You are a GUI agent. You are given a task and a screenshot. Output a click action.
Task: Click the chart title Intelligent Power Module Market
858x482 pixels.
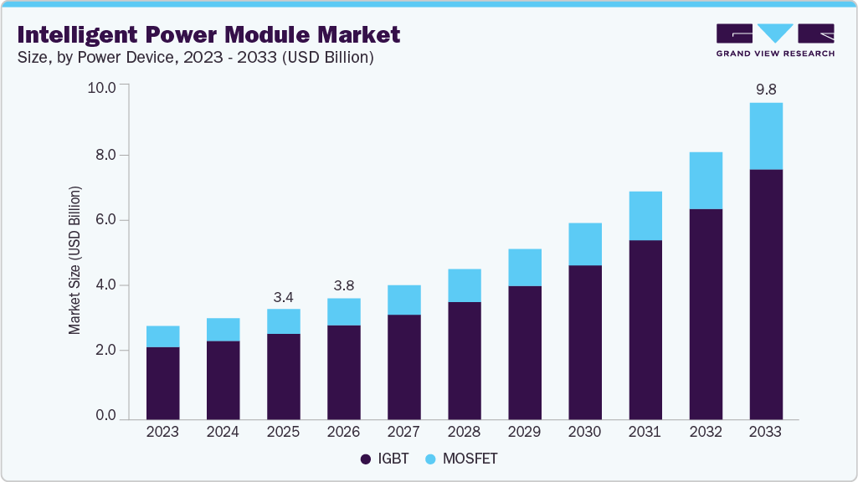208,34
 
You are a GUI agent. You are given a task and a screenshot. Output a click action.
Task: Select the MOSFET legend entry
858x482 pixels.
460,459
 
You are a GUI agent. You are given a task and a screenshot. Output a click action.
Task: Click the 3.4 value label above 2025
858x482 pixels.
283,296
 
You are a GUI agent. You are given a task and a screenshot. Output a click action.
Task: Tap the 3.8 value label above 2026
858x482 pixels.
343,285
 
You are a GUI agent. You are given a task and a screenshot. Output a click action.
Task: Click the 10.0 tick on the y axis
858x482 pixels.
103,88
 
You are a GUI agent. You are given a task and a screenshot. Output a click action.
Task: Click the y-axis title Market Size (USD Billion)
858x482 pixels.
75,261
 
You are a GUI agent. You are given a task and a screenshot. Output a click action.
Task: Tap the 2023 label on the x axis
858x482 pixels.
162,432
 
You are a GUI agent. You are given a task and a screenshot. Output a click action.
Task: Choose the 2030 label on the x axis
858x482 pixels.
584,432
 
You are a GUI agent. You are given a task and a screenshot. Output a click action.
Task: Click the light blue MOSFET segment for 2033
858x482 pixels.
765,136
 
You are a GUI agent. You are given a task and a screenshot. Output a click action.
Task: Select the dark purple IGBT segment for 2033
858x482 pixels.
765,293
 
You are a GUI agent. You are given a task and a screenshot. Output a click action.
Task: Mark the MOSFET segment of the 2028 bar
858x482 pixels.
464,285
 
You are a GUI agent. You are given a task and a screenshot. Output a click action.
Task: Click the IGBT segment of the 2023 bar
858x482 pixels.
162,382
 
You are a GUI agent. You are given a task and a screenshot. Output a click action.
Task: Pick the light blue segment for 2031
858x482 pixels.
645,216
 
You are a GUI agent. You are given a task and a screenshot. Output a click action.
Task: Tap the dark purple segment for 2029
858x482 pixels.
524,351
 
